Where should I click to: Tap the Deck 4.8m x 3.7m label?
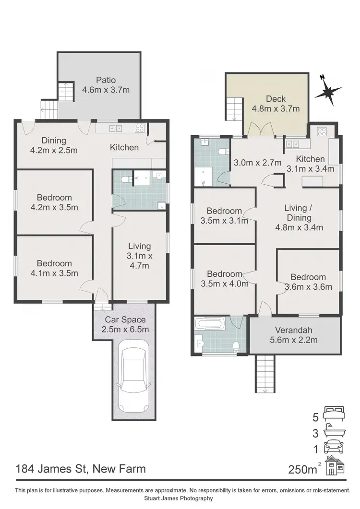pos(276,104)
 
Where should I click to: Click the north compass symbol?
pos(328,91)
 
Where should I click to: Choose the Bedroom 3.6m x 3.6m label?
pos(308,282)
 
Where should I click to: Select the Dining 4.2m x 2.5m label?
pos(54,145)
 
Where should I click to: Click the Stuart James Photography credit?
pos(180,498)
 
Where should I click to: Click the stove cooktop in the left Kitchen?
pos(140,128)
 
